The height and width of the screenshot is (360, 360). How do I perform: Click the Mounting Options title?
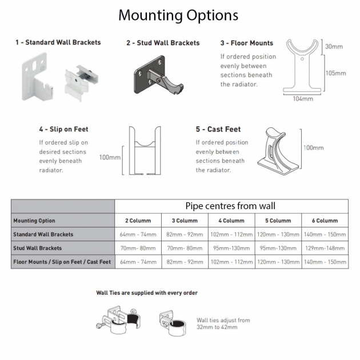click(178, 15)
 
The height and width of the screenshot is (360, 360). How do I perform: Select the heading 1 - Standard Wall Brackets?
click(58, 42)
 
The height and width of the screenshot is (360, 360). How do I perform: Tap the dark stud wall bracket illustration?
click(158, 75)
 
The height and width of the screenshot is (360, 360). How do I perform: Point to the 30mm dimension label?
click(334, 47)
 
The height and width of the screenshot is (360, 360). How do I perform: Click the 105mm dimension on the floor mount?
click(335, 73)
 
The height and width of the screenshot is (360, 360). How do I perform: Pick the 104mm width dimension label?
click(303, 99)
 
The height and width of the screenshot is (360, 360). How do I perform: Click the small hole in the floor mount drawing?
click(302, 59)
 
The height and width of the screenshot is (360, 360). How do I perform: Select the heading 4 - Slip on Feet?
click(63, 129)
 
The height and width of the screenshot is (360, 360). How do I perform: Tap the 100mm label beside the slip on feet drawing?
click(110, 158)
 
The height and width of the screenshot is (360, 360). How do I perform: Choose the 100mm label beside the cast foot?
click(313, 147)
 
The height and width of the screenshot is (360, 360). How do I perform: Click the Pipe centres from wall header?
click(230, 206)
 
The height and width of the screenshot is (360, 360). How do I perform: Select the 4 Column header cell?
click(231, 221)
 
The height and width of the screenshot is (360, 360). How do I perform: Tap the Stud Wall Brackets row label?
click(37, 248)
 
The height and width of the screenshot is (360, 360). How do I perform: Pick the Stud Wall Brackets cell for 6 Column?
click(325, 248)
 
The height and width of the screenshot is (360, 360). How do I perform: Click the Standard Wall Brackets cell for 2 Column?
click(138, 234)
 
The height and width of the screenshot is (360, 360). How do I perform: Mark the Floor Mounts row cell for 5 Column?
click(278, 262)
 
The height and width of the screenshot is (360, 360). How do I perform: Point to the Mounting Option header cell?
click(63, 221)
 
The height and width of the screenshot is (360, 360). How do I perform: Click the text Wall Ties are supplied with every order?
click(147, 293)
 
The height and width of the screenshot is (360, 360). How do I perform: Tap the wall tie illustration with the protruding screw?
click(118, 319)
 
